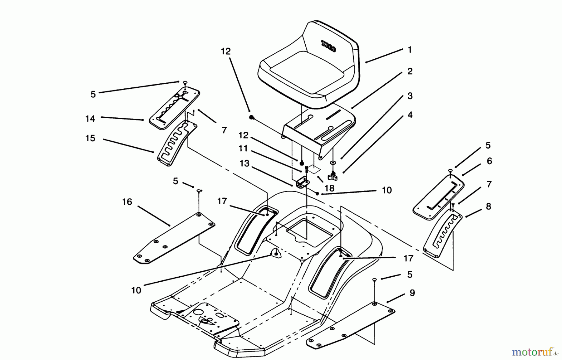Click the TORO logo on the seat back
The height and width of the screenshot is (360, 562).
(329, 46)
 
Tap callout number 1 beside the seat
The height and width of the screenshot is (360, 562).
(410, 50)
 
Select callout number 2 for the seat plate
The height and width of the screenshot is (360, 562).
(410, 72)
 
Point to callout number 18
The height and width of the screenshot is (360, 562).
(329, 188)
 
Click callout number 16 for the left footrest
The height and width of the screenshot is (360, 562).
(127, 202)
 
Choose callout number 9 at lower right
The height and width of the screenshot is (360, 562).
(412, 293)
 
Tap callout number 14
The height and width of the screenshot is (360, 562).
(90, 119)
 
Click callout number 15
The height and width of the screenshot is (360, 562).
(90, 138)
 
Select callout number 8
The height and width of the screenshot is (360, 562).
(488, 207)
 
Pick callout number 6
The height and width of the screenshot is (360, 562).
(489, 161)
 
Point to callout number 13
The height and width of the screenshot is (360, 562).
(244, 163)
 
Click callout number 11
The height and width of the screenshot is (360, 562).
(243, 148)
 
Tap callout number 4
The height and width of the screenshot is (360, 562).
(410, 115)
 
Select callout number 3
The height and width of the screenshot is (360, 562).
(410, 96)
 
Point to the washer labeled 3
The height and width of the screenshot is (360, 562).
(333, 163)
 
